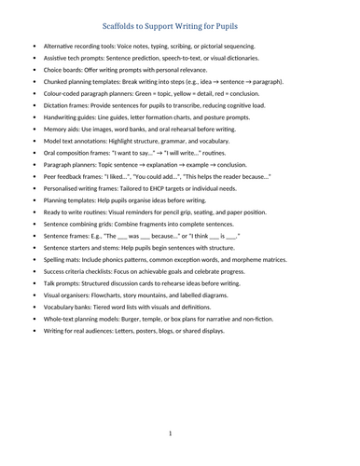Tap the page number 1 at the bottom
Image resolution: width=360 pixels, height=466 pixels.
[x=170, y=433]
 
